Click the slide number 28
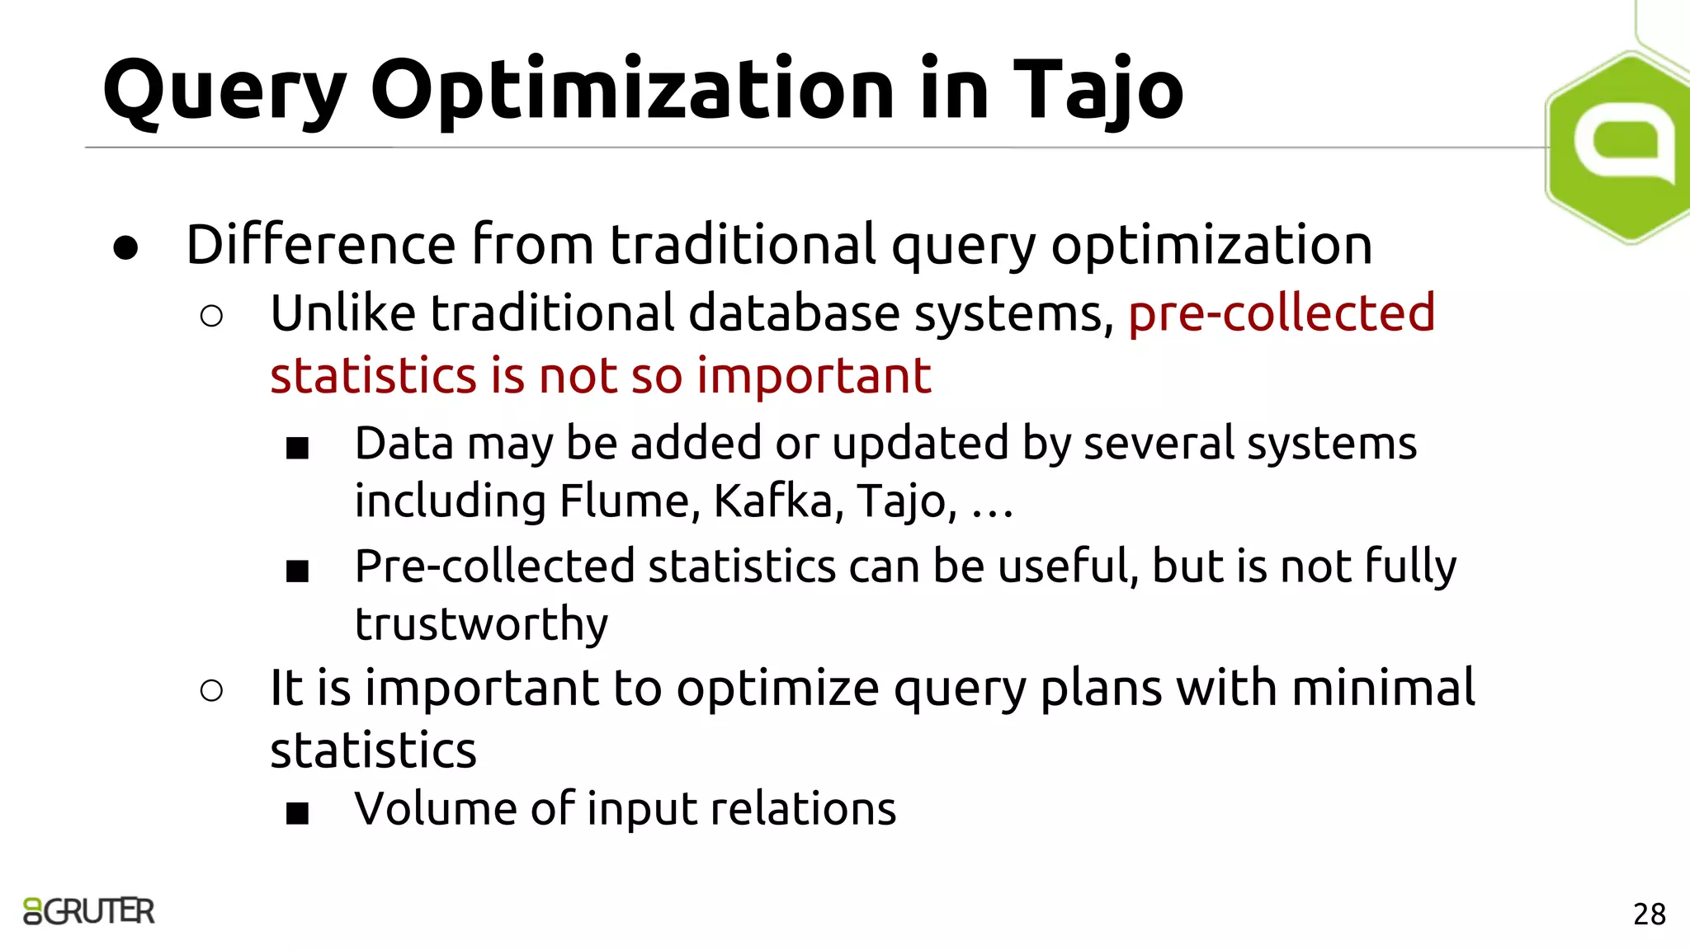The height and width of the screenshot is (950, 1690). click(x=1649, y=914)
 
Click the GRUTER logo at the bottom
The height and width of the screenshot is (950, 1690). click(x=89, y=911)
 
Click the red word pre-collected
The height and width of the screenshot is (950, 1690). click(x=1282, y=313)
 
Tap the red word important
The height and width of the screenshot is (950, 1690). click(x=814, y=376)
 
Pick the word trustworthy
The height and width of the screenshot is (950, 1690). click(x=481, y=623)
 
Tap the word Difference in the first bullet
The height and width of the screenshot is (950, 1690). click(x=321, y=245)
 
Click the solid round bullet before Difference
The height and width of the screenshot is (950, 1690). click(x=125, y=248)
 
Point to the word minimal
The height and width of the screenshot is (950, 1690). click(x=1383, y=688)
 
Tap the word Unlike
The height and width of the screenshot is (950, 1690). click(x=343, y=313)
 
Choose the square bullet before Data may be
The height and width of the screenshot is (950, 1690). click(x=297, y=449)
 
